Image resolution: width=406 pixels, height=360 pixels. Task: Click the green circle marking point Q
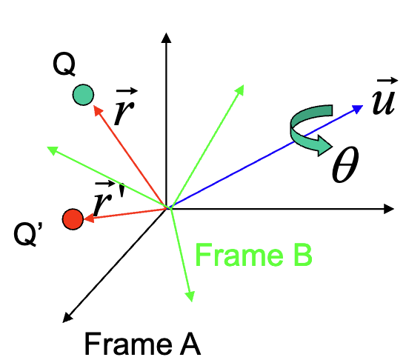pyautogui.click(x=83, y=95)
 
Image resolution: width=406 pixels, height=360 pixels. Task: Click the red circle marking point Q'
pyautogui.click(x=72, y=219)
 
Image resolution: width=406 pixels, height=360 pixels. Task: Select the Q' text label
pyautogui.click(x=30, y=238)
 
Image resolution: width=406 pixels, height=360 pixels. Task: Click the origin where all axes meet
pyautogui.click(x=169, y=209)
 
